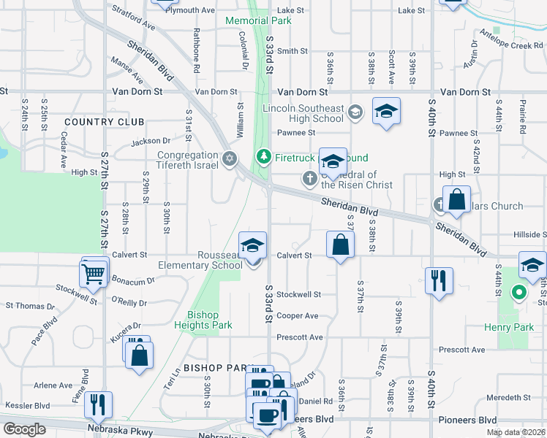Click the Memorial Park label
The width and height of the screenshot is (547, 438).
[258, 20]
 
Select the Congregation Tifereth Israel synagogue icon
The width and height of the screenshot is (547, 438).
[230, 158]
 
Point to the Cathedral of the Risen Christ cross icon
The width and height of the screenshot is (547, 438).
[309, 177]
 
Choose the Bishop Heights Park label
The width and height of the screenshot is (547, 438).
[197, 320]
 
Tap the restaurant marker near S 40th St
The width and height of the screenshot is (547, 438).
[439, 280]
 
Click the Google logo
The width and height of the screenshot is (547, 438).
[24, 429]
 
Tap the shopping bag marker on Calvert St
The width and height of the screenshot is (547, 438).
[341, 245]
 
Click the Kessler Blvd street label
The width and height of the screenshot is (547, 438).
[27, 405]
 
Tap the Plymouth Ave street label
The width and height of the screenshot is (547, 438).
[190, 10]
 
